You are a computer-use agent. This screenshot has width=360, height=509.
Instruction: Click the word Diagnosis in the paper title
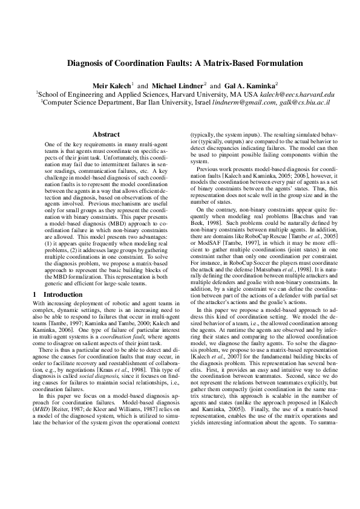(x=91, y=63)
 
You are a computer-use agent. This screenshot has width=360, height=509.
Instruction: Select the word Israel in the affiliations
(x=186, y=103)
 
